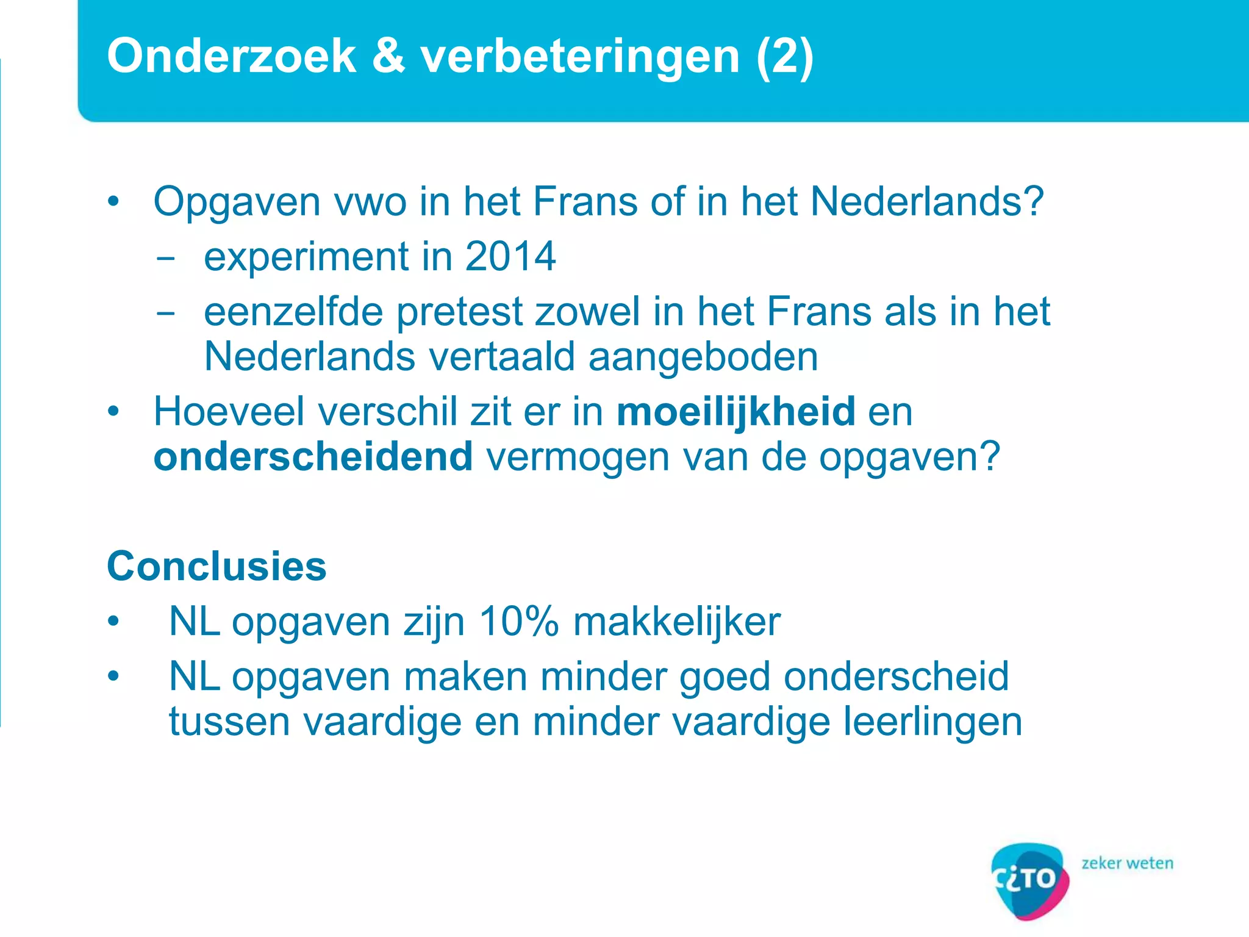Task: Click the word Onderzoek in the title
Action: [x=231, y=56]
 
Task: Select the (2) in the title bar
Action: [x=784, y=56]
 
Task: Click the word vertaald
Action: [x=501, y=357]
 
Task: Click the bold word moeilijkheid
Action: [x=735, y=412]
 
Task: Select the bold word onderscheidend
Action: [x=313, y=457]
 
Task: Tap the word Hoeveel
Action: [x=229, y=412]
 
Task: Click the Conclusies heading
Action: [x=217, y=566]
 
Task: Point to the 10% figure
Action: [x=518, y=622]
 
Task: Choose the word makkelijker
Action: [x=676, y=622]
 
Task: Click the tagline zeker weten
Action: [x=1127, y=863]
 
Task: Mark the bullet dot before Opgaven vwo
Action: [x=113, y=202]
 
